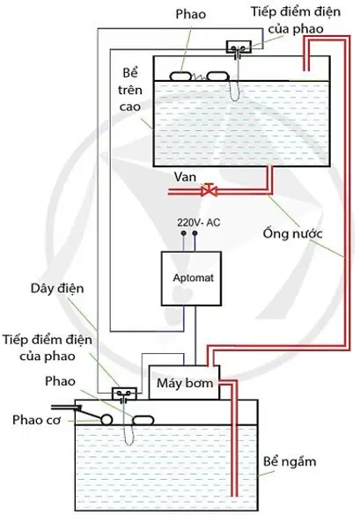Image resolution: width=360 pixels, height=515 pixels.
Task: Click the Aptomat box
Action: pos(191,278)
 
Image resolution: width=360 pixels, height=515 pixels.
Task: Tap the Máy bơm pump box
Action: pos(184,383)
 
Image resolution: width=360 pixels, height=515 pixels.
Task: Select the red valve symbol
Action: pos(209,190)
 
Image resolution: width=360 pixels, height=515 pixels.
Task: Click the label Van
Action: pos(185,177)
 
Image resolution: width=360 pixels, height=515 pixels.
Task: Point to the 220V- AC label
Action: pos(199,223)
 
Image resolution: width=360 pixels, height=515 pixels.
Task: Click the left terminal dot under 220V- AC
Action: pos(184,233)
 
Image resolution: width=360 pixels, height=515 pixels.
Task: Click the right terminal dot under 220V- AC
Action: pos(195,233)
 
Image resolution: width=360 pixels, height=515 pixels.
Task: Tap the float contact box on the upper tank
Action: pos(239,47)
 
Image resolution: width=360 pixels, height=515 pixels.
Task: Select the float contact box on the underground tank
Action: pos(124,394)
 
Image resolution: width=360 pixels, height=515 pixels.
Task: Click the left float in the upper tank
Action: pos(180,77)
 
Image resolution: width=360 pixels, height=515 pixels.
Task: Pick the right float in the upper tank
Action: pos(217,77)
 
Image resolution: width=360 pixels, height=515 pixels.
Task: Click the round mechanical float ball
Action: pos(107,420)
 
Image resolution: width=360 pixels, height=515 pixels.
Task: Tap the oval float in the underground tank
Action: pos(143,421)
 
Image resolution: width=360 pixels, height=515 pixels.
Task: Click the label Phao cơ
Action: pos(37,420)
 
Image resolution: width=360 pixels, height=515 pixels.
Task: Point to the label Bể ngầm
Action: pos(290,462)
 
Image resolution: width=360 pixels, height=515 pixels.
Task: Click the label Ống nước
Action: pos(292,233)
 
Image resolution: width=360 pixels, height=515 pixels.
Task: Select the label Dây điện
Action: pos(57,289)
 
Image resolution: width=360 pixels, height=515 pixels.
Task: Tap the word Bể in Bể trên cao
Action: pos(130,72)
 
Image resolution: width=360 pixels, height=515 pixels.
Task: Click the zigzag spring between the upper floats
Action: pos(199,77)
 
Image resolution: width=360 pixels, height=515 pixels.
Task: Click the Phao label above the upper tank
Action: pos(190,14)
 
